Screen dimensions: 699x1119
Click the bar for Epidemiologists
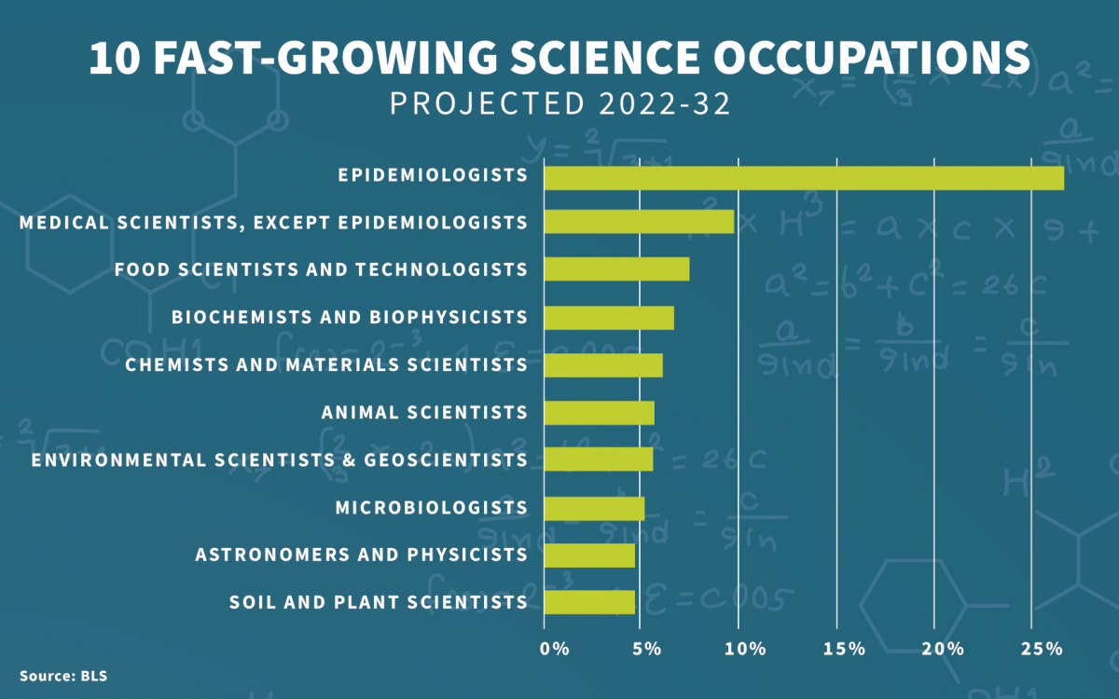tap(803, 178)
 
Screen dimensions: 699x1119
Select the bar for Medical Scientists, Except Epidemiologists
tap(639, 222)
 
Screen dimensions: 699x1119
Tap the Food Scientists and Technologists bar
tap(616, 269)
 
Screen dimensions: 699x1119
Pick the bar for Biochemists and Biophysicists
tap(608, 317)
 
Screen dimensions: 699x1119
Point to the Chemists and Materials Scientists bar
tap(602, 364)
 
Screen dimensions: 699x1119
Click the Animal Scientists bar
tap(599, 412)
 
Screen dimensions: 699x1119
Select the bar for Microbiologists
tap(593, 508)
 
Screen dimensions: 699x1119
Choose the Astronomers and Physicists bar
tap(588, 555)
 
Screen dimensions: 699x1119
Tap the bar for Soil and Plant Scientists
tap(588, 602)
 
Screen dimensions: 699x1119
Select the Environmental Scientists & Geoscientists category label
tap(279, 459)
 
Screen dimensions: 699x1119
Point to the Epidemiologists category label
tap(433, 174)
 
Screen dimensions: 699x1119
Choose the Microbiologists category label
tap(431, 507)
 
